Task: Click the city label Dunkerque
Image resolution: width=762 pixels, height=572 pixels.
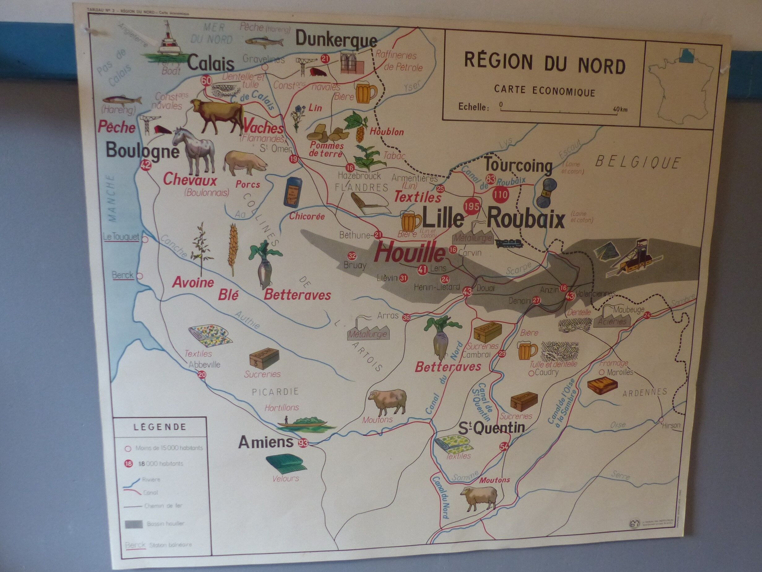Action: click(336, 40)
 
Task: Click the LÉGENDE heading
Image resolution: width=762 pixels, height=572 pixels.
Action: click(160, 427)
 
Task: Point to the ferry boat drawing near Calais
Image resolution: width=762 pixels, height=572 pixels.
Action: click(167, 43)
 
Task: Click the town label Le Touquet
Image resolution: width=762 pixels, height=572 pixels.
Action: click(121, 237)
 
